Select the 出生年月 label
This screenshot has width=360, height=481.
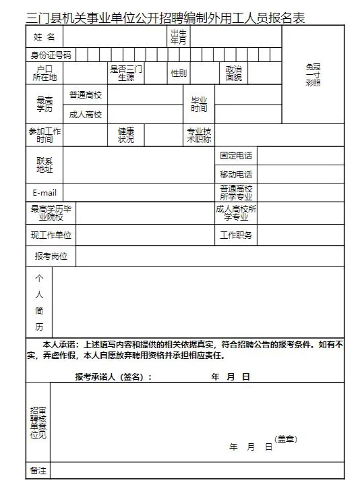tap(178, 36)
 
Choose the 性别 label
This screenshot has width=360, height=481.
tap(179, 73)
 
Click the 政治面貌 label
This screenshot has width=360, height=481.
tap(233, 73)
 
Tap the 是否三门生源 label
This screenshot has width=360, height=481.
tap(126, 73)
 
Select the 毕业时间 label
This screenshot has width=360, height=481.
tap(199, 104)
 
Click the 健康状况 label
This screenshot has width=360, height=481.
tap(126, 135)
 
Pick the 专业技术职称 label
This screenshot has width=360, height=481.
tap(199, 135)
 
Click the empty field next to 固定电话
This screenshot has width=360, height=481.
tap(300, 156)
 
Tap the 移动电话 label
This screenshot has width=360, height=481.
tap(236, 174)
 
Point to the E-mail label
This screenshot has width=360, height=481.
tap(44, 192)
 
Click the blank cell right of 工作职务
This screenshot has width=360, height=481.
tap(300, 235)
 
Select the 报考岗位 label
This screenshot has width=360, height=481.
tap(51, 256)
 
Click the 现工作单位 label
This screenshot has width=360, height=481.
tap(51, 235)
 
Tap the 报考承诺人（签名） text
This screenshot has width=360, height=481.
tap(113, 376)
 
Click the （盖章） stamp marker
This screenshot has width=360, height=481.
tap(285, 438)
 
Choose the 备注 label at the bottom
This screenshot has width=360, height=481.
tap(38, 470)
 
